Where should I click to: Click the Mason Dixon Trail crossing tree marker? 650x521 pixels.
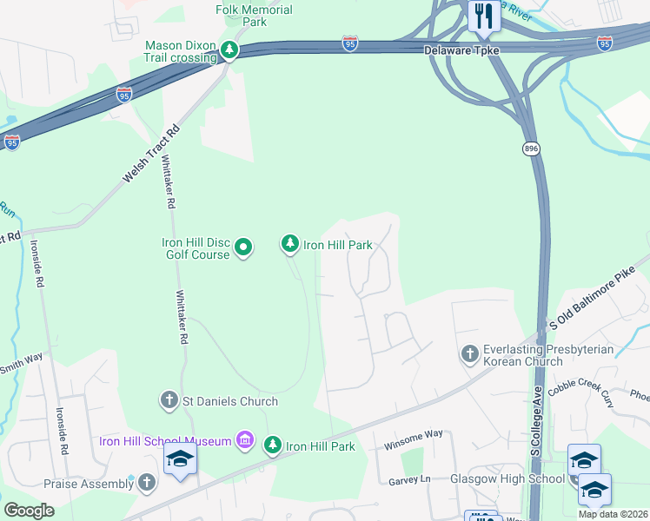click(x=229, y=50)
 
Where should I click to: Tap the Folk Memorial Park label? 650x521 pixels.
click(x=254, y=16)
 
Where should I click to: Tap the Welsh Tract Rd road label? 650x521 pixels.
click(x=150, y=153)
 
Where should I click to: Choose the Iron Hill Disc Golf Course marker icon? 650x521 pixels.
click(x=244, y=248)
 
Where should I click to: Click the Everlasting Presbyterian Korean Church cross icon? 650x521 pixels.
click(x=469, y=354)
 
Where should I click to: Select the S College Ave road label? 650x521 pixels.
click(x=537, y=420)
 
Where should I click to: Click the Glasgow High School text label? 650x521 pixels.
click(x=507, y=478)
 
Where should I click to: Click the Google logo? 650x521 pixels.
click(x=29, y=511)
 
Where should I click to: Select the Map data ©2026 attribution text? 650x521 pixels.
click(x=613, y=514)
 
